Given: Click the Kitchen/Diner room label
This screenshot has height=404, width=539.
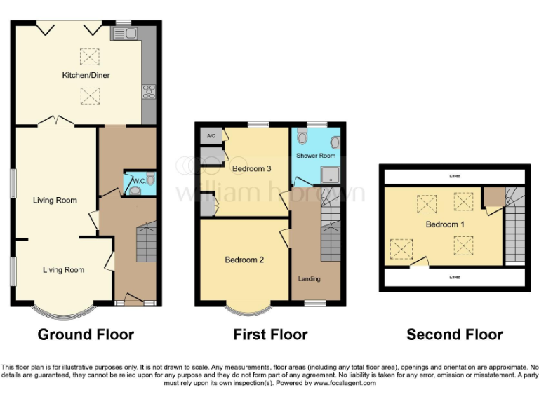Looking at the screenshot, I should [x=86, y=75].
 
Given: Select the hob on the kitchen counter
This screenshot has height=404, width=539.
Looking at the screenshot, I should [x=149, y=90].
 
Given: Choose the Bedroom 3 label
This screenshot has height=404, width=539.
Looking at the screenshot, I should [x=251, y=168].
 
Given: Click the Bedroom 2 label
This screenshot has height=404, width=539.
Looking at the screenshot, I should [x=244, y=260].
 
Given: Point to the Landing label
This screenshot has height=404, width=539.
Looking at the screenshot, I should [x=309, y=278].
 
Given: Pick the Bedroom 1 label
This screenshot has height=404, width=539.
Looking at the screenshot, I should [x=444, y=224].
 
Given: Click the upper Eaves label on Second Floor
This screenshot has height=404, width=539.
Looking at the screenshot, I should [x=455, y=177].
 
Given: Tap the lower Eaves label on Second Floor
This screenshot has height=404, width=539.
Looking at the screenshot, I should [x=455, y=277].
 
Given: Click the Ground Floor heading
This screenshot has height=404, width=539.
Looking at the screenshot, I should [x=86, y=335].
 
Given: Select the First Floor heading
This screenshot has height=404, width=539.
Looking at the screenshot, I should [x=270, y=335].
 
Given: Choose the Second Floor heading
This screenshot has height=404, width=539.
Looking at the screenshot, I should [x=455, y=335].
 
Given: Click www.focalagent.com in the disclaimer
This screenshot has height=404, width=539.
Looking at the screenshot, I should [x=345, y=383].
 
